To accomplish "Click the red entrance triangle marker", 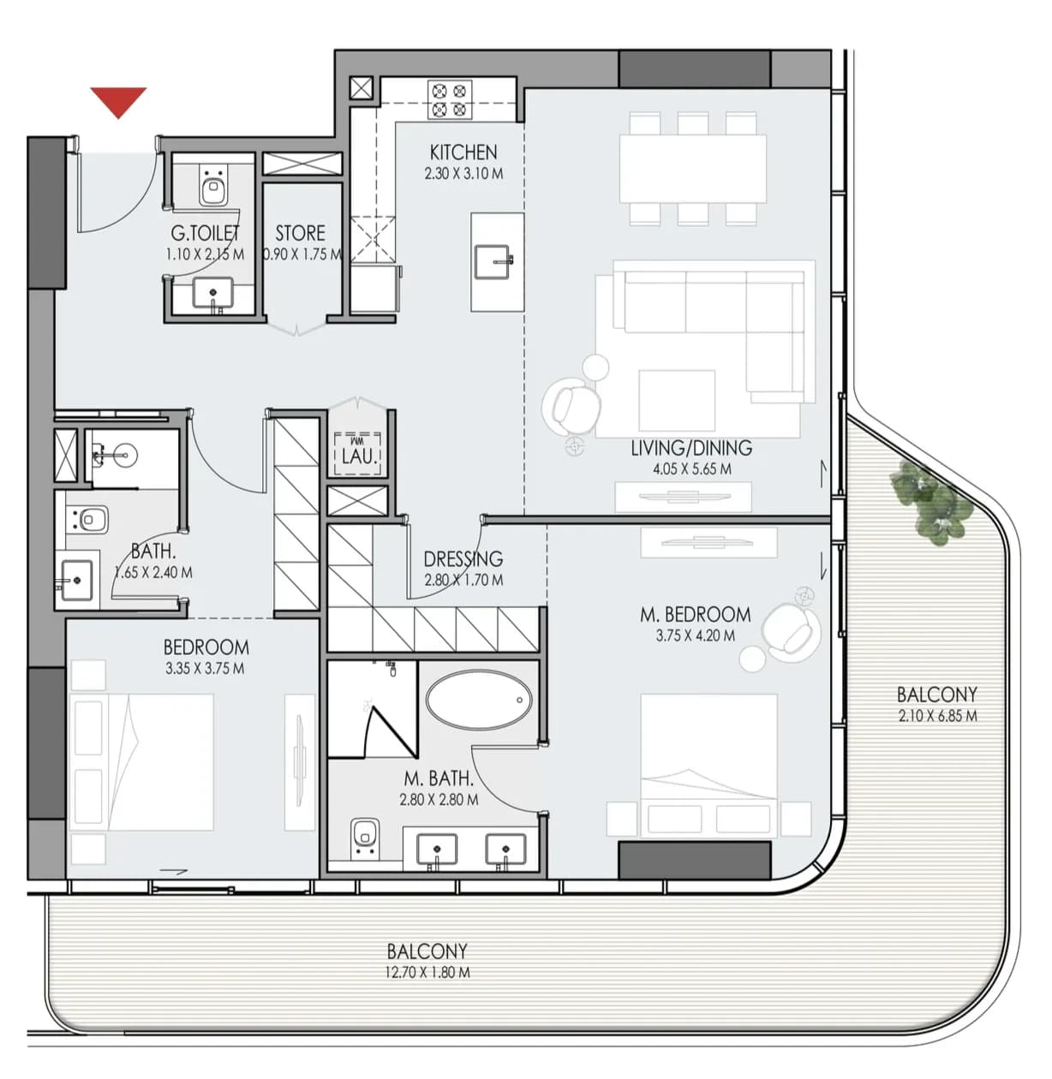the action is click(118, 101).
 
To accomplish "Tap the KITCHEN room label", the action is click(463, 152).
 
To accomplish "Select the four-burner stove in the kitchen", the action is click(449, 99).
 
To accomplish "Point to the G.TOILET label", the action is click(205, 233).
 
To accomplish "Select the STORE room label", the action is click(300, 233).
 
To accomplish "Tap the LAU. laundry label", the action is click(359, 457).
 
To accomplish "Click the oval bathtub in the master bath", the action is click(479, 699).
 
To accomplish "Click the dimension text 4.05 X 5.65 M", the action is click(691, 469).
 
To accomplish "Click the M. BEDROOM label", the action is click(695, 614).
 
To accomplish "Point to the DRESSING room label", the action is click(463, 558).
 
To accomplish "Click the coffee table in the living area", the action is click(677, 400).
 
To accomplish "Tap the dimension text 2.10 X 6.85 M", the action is click(937, 716).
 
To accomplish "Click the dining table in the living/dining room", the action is click(693, 169).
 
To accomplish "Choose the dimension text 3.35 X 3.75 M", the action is click(205, 668).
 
